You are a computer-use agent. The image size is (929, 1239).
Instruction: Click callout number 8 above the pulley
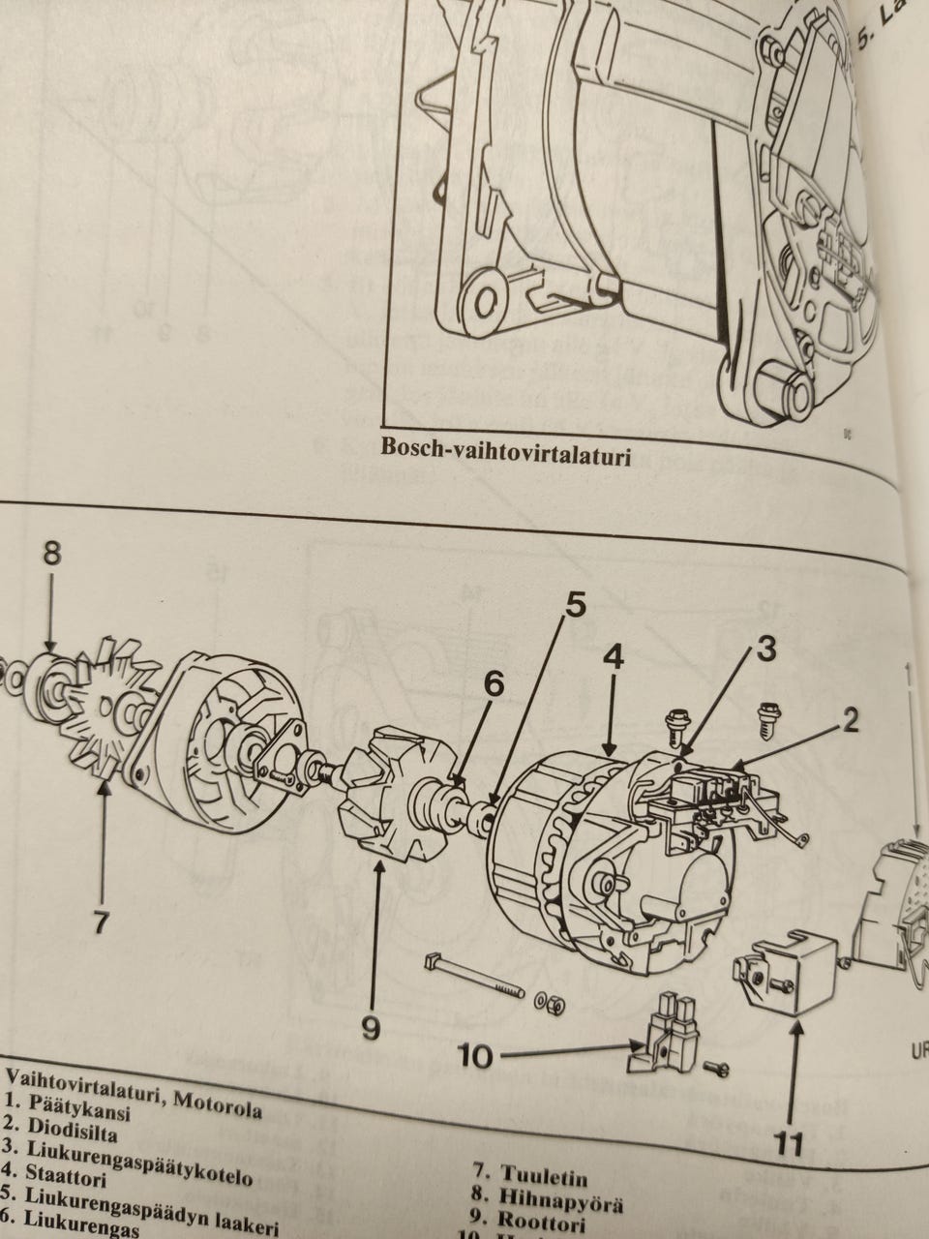pyautogui.click(x=52, y=554)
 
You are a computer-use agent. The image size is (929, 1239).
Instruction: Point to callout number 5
pyautogui.click(x=574, y=607)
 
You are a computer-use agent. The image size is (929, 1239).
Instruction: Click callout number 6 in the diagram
pyautogui.click(x=494, y=683)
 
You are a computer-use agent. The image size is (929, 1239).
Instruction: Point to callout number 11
pyautogui.click(x=790, y=1144)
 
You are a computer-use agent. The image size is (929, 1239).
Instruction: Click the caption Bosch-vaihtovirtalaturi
pyautogui.click(x=505, y=448)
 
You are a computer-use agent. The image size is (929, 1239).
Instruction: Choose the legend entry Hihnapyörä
pyautogui.click(x=560, y=1200)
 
